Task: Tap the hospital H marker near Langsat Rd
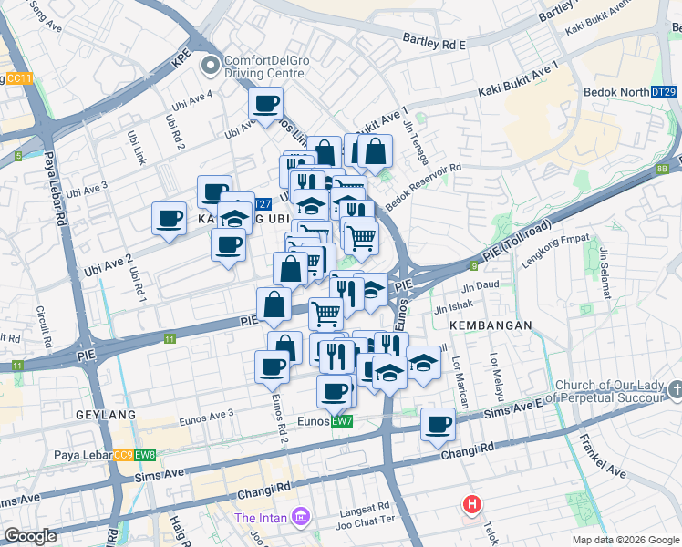[x=472, y=503]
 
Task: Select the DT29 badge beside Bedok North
[x=664, y=92]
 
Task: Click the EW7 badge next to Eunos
[x=342, y=421]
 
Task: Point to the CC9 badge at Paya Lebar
[x=123, y=455]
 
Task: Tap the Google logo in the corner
[x=30, y=537]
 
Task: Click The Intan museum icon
[x=299, y=519]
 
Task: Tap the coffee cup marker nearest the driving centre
[x=265, y=104]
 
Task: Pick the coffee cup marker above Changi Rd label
[x=439, y=424]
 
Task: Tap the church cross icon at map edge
[x=675, y=390]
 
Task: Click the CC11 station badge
[x=18, y=79]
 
